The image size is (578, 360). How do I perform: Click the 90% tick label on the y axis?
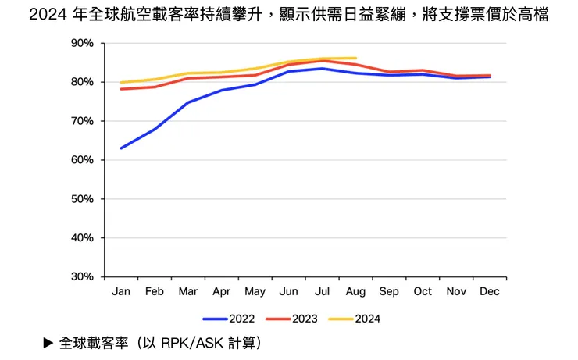pyautogui.click(x=82, y=43)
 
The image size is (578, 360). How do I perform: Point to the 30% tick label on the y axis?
pyautogui.click(x=82, y=276)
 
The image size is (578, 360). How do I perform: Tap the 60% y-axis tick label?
pyautogui.click(x=82, y=160)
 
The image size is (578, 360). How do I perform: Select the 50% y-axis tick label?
pyautogui.click(x=82, y=199)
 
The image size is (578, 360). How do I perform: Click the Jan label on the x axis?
pyautogui.click(x=121, y=291)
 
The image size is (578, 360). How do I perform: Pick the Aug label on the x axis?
pyautogui.click(x=356, y=291)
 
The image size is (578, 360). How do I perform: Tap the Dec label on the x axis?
pyautogui.click(x=490, y=291)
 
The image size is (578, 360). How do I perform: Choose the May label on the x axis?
pyautogui.click(x=255, y=291)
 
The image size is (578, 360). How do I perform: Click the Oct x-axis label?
pyautogui.click(x=423, y=291)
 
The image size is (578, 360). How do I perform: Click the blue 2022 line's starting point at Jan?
pyautogui.click(x=121, y=148)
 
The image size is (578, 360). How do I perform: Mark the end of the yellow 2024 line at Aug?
pyautogui.click(x=356, y=58)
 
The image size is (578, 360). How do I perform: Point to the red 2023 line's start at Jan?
pyautogui.click(x=121, y=89)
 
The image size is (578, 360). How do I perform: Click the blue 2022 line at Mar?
pyautogui.click(x=188, y=102)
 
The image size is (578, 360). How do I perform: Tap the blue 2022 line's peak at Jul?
pyautogui.click(x=323, y=69)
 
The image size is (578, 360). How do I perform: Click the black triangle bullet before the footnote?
pyautogui.click(x=48, y=343)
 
